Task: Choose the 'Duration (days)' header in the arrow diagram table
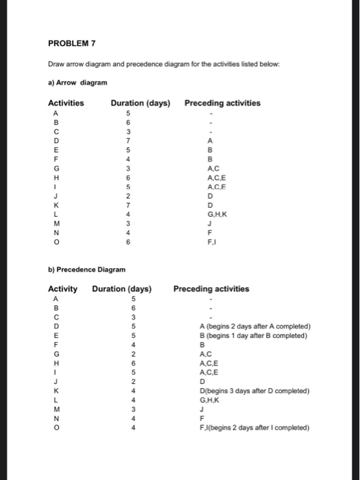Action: (140, 104)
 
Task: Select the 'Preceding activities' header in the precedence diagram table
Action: (211, 289)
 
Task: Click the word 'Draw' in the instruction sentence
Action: (56, 65)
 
